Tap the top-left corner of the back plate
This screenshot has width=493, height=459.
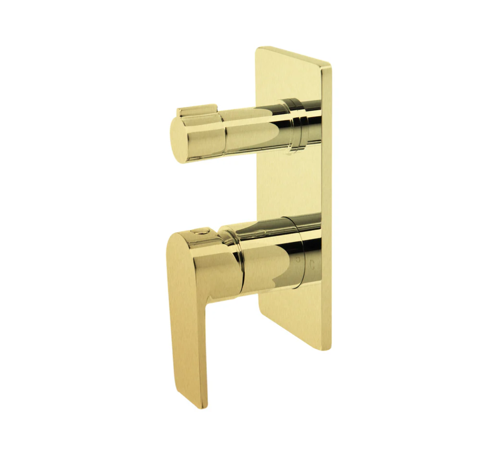click(x=258, y=48)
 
